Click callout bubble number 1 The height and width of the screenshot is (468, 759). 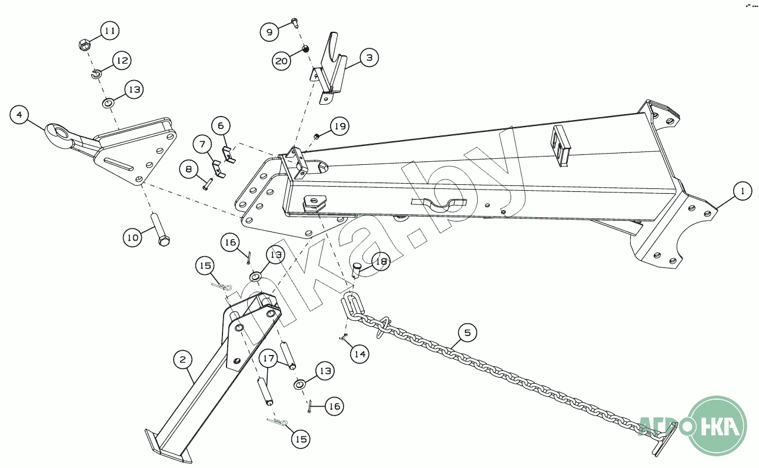point(743,191)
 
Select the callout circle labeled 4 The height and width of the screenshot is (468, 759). point(19,115)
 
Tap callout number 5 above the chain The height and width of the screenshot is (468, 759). point(467,333)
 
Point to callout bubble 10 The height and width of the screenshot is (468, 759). point(133,237)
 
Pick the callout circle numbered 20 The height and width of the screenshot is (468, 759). point(282,60)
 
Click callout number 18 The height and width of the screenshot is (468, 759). point(381,262)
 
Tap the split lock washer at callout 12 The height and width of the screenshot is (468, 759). point(97,74)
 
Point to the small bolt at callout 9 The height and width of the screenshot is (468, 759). point(295,23)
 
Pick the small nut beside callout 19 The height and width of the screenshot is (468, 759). point(316,136)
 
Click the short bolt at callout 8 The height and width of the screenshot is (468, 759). point(208,183)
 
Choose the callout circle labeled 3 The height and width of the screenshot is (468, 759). point(369,58)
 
